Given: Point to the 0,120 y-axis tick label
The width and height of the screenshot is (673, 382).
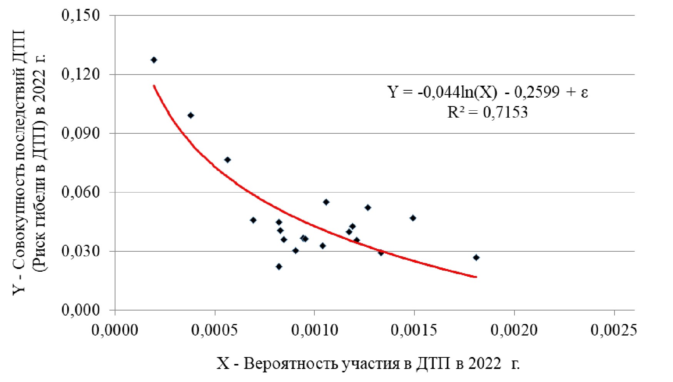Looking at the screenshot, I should click(80, 74).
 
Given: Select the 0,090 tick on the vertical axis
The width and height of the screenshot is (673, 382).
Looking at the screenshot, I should click(80, 133).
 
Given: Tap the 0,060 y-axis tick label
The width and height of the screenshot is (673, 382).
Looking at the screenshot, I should click(80, 192).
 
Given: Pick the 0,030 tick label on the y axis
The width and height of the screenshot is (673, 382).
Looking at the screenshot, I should click(80, 251).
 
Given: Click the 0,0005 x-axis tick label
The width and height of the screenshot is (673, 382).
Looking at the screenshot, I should click(215, 330).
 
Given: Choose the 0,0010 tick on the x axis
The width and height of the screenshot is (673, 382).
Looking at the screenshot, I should click(314, 330).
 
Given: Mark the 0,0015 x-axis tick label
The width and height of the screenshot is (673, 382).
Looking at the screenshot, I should click(414, 330).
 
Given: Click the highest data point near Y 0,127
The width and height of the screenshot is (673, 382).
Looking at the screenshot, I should click(154, 60).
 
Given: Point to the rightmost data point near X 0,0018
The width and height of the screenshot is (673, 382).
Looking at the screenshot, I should click(476, 257).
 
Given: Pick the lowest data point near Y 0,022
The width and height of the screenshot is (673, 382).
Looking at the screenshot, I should click(279, 266).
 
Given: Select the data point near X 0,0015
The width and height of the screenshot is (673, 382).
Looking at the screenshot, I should click(413, 218).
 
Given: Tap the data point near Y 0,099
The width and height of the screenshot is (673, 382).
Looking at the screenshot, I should click(190, 115).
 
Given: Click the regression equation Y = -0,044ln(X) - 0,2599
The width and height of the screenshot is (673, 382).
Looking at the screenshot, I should click(488, 93).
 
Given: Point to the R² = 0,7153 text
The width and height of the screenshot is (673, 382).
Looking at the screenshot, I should click(488, 113).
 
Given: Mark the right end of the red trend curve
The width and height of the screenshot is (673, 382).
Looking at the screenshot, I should click(476, 277).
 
